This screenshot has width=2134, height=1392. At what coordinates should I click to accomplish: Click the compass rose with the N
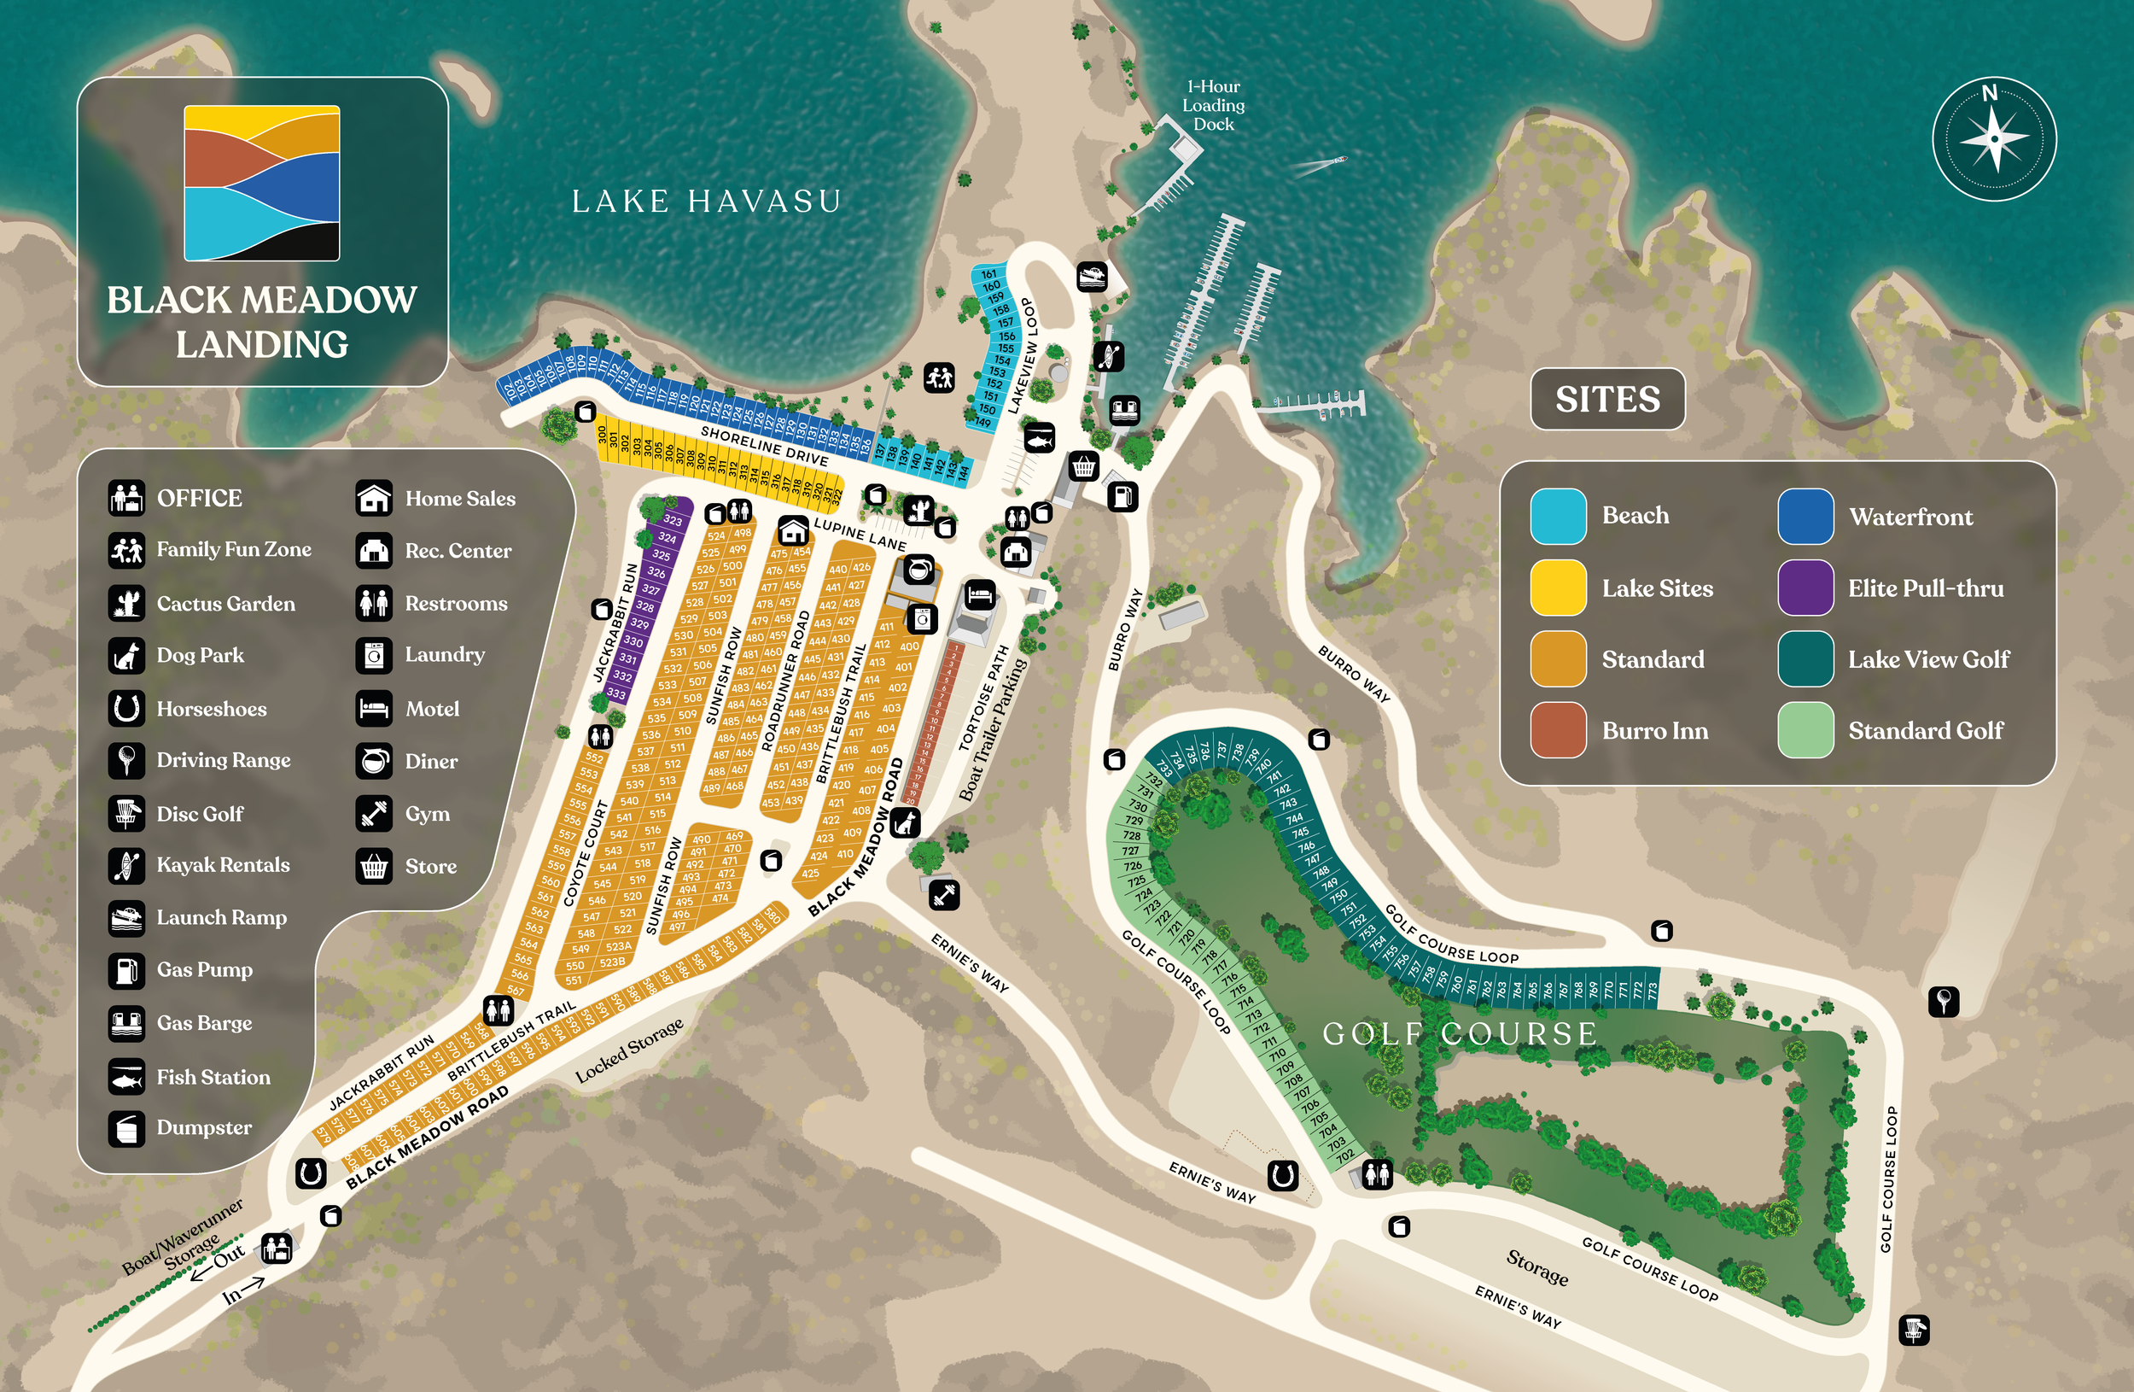[x=1993, y=139]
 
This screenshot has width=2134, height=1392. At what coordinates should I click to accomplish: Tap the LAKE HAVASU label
[x=707, y=201]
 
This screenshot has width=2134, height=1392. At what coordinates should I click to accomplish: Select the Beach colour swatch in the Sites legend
[x=1558, y=516]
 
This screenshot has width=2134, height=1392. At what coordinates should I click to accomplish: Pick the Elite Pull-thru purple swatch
[x=1805, y=588]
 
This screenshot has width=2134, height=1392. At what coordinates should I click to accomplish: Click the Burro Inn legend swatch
[x=1558, y=730]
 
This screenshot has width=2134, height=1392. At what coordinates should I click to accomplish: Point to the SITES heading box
[x=1606, y=399]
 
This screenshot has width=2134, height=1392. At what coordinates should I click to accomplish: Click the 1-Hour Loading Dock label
[x=1213, y=105]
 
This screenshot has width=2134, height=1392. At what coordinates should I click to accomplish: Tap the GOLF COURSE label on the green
[x=1459, y=1033]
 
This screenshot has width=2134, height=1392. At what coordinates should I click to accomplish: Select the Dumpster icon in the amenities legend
[x=126, y=1128]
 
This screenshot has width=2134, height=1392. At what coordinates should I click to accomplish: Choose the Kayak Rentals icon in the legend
[x=126, y=865]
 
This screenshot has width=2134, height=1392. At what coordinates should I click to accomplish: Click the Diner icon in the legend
[x=374, y=762]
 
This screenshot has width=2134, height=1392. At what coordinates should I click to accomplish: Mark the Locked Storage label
[x=628, y=1050]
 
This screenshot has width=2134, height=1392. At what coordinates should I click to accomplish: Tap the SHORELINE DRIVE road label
[x=764, y=445]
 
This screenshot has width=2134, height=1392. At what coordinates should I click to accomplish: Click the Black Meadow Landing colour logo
[x=262, y=183]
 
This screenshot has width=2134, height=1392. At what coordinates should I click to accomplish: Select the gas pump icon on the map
[x=1122, y=495]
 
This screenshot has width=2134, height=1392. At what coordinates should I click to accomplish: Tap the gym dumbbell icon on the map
[x=944, y=894]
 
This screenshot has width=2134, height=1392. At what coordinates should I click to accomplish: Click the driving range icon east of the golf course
[x=1943, y=1000]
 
